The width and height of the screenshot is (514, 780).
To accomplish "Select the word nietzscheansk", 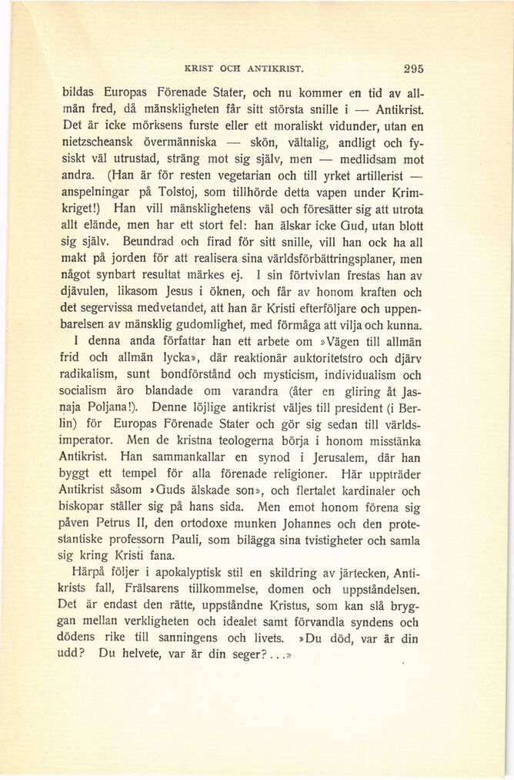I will pyautogui.click(x=95, y=142).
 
